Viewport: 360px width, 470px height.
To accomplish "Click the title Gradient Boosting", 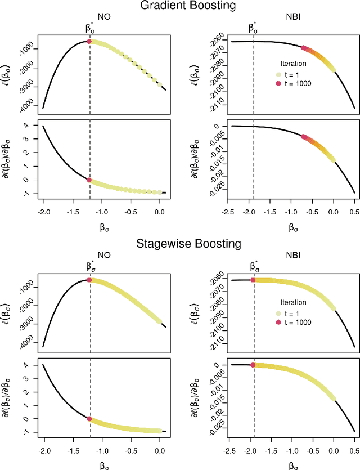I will pyautogui.click(x=180, y=7).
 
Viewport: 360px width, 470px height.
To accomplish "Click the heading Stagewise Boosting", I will pyautogui.click(x=180, y=244).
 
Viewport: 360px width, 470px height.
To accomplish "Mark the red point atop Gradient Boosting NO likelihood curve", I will pyautogui.click(x=89, y=42).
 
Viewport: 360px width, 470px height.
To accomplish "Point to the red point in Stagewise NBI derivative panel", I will pyautogui.click(x=253, y=365).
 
